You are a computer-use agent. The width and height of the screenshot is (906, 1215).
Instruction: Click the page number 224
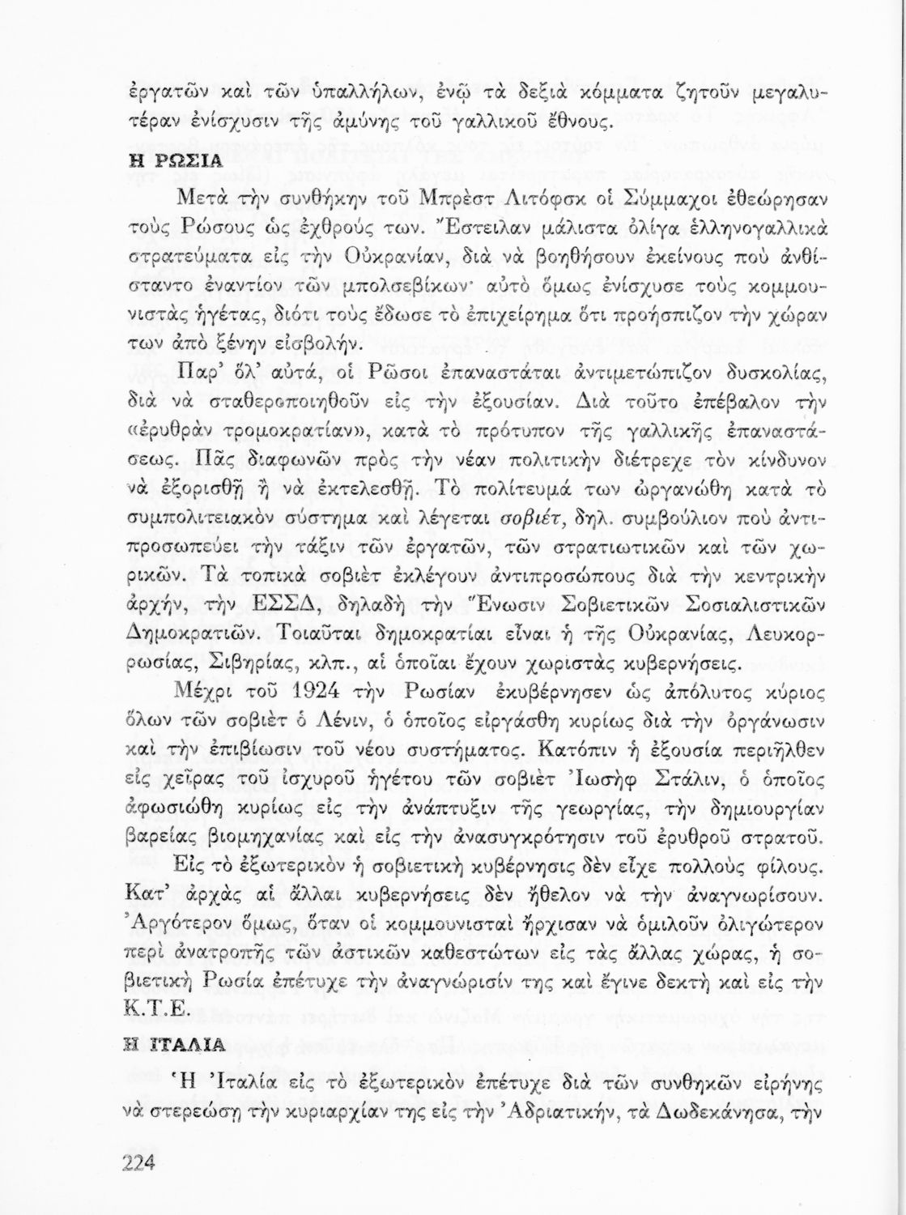click(138, 1162)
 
